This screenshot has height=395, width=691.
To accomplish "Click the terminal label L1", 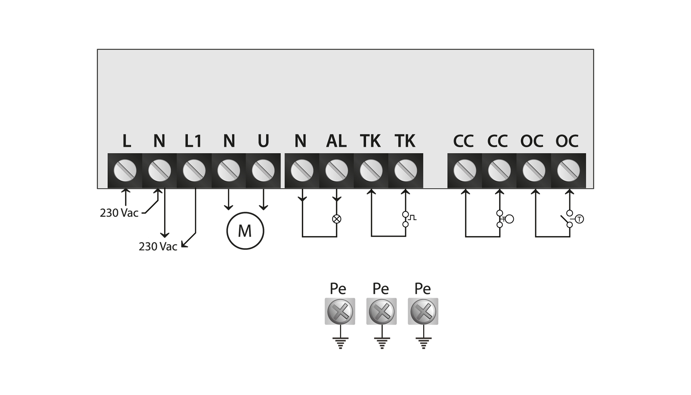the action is [x=193, y=141].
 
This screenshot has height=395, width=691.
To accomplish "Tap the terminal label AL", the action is [x=336, y=141].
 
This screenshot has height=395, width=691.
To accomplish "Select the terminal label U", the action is [x=263, y=141].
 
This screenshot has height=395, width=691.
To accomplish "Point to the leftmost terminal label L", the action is [x=127, y=141].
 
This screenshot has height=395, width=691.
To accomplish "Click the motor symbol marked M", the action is [x=245, y=231].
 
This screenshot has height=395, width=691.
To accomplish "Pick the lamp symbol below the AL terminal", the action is [x=337, y=219].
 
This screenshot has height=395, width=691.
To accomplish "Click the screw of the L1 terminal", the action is [x=194, y=170].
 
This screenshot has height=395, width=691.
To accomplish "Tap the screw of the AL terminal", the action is [x=337, y=170].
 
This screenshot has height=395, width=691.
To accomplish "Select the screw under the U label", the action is [x=263, y=170].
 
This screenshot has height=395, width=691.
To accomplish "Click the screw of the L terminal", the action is [x=125, y=170].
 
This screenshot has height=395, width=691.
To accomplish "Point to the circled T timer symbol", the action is [x=579, y=219].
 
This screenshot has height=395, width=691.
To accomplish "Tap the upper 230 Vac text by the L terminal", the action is [x=119, y=213].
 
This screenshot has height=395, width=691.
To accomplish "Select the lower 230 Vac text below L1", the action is [x=158, y=246].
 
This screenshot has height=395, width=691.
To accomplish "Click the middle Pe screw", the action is [x=381, y=311].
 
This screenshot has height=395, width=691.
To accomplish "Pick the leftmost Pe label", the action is [x=338, y=289].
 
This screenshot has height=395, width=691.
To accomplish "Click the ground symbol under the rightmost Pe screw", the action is [x=424, y=343].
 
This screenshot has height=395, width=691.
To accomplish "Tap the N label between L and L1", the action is [x=159, y=141].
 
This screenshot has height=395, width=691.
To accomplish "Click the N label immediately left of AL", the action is [x=300, y=141].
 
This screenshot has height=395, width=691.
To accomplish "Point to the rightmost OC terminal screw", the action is [x=568, y=170].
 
